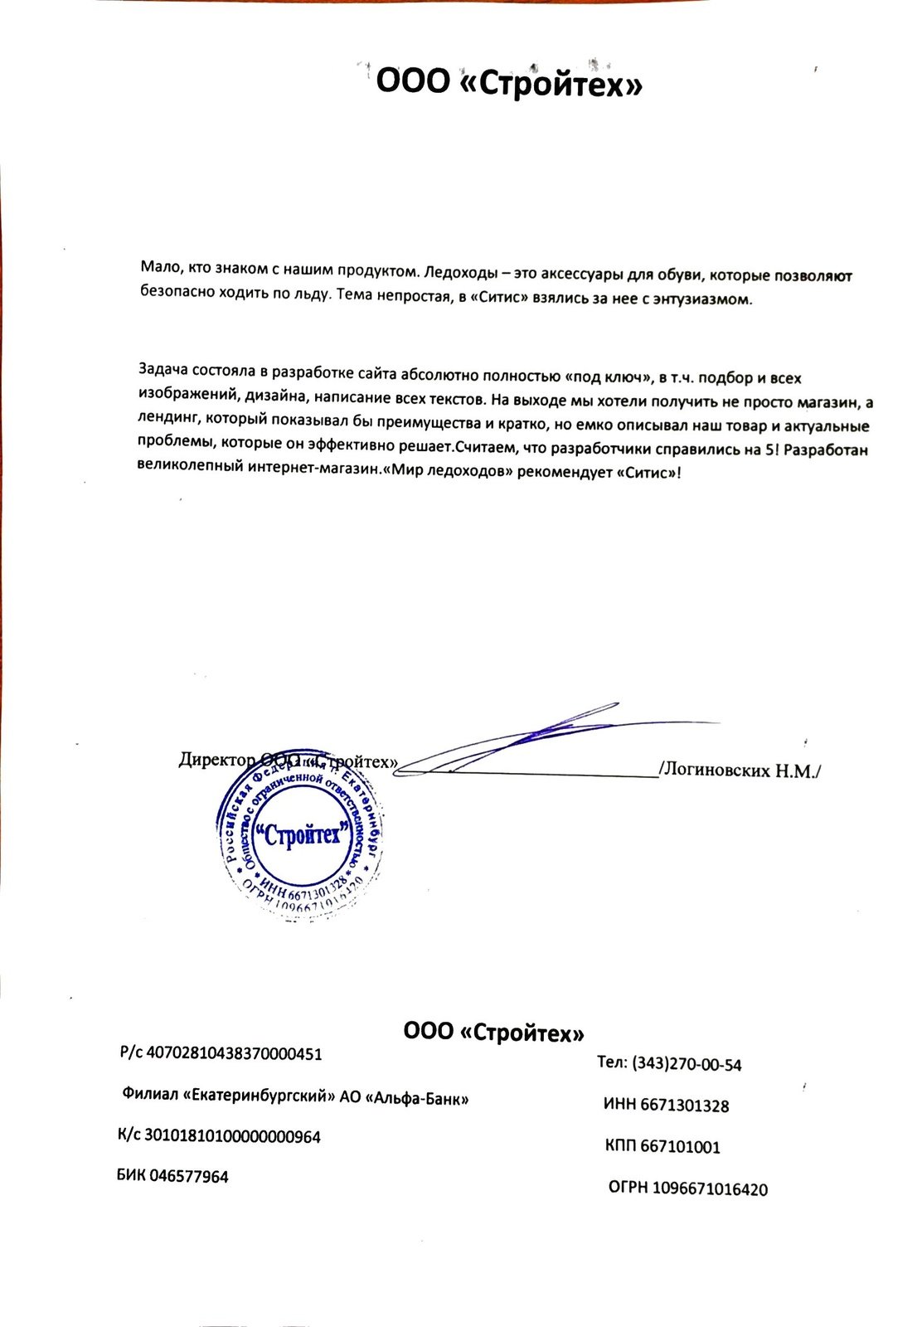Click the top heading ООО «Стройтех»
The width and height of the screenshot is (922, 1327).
509,84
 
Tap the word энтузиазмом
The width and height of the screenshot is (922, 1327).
709,299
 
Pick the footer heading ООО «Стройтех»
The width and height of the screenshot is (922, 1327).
493,1033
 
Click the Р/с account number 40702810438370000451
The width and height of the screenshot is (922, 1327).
234,1054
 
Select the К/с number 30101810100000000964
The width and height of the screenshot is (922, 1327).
232,1136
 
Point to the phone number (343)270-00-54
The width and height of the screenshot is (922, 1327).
687,1064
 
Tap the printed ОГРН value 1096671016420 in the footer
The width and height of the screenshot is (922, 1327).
710,1189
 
